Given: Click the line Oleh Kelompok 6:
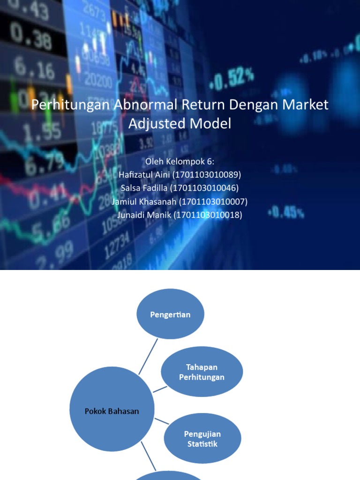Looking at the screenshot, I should pyautogui.click(x=180, y=162).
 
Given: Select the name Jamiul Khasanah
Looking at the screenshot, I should pyautogui.click(x=141, y=202).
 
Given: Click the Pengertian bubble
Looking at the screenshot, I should pyautogui.click(x=170, y=314).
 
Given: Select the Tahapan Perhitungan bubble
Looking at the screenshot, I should pyautogui.click(x=202, y=372).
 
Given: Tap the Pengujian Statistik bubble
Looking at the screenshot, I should pyautogui.click(x=202, y=439).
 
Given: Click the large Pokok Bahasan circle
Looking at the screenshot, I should pyautogui.click(x=112, y=411).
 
